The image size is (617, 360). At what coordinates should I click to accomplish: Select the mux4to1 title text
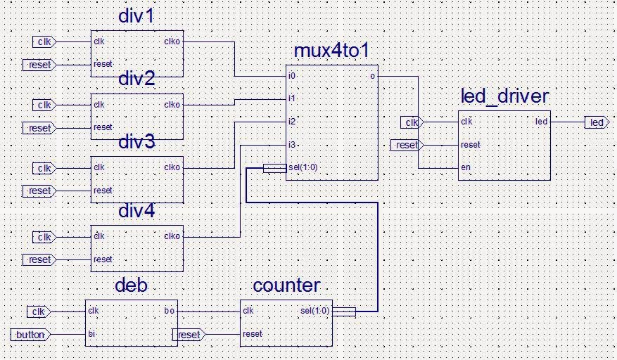point(332,51)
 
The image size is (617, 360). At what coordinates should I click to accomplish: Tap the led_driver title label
point(504,96)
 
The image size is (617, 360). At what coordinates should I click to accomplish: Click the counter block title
point(286,285)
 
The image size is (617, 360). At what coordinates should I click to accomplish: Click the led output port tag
point(596,123)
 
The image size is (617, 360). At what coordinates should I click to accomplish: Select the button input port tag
point(30,335)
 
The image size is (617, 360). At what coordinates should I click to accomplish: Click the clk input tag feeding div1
point(44,42)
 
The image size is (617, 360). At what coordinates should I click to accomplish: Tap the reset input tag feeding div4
point(39,260)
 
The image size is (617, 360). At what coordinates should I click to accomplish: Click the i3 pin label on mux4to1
point(292,145)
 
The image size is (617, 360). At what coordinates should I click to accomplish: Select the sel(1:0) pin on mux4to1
point(302,168)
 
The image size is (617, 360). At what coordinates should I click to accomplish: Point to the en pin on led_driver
point(465,168)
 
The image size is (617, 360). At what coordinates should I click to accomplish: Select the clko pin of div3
point(172,168)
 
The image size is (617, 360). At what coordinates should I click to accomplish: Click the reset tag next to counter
point(189,335)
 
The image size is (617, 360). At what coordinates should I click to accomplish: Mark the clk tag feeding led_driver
point(411,123)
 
